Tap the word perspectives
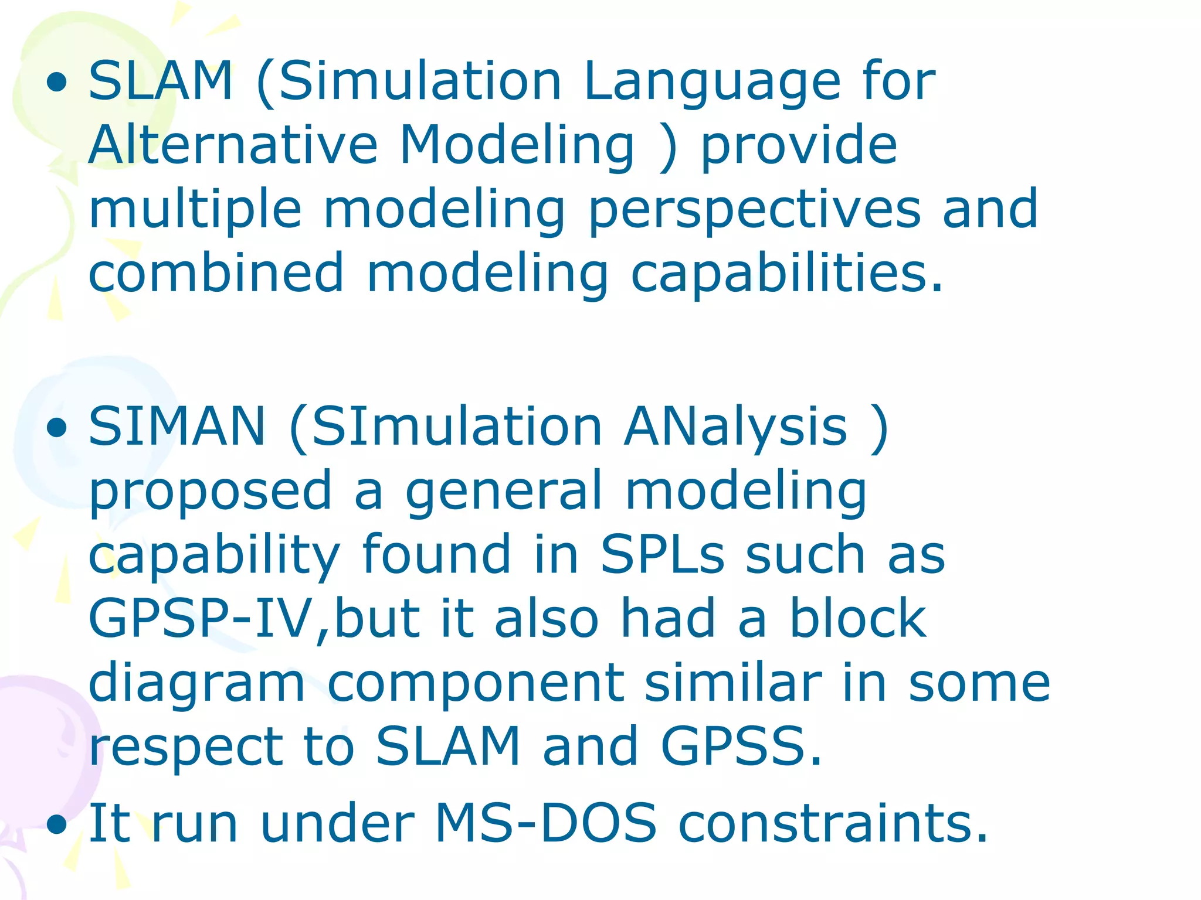click(x=755, y=210)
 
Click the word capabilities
click(x=786, y=274)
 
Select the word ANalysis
click(x=735, y=428)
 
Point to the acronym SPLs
click(x=663, y=554)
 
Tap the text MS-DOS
click(x=545, y=823)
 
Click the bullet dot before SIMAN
click(x=57, y=428)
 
